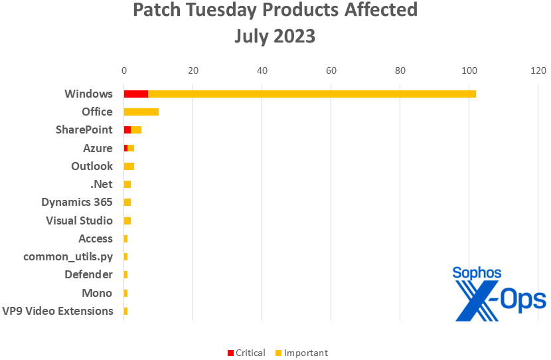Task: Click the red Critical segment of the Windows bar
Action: click(x=135, y=94)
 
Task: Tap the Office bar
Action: click(x=141, y=112)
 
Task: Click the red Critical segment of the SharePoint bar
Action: click(x=127, y=130)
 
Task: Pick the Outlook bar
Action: click(x=129, y=166)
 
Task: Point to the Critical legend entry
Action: click(x=246, y=353)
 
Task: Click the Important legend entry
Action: click(x=301, y=353)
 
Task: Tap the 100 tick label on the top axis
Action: click(x=469, y=70)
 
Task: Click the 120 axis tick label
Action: click(x=538, y=70)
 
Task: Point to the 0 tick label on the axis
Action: click(x=123, y=70)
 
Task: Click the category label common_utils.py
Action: click(x=68, y=256)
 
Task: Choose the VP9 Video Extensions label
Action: click(x=58, y=311)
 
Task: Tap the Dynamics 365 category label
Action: click(x=77, y=202)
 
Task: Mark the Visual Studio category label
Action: click(x=79, y=221)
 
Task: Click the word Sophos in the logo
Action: click(x=477, y=272)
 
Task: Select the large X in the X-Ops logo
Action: click(x=473, y=300)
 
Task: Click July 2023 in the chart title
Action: click(x=275, y=37)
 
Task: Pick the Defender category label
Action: click(x=88, y=274)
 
